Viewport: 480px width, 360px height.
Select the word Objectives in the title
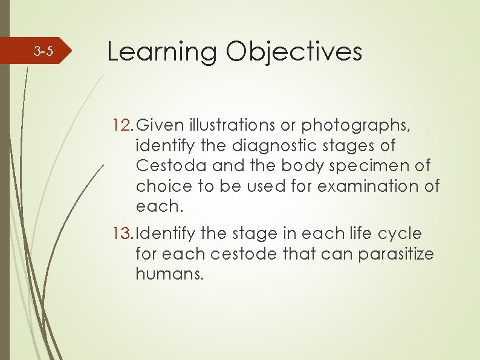tap(294, 51)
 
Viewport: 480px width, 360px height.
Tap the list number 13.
tap(122, 233)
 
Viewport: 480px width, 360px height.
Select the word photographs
tap(358, 126)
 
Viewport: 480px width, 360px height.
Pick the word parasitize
tap(395, 254)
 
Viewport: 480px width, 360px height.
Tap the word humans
tap(170, 273)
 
